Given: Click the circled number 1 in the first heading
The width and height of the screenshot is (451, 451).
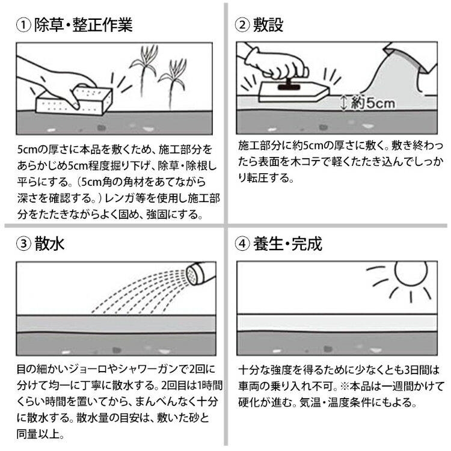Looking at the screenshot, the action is [23, 25].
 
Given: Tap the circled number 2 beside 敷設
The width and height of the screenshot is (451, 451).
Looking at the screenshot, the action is [242, 25].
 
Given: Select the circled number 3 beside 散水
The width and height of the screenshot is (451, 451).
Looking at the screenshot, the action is [23, 244].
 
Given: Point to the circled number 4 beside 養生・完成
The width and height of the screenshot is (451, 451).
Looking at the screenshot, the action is [242, 244].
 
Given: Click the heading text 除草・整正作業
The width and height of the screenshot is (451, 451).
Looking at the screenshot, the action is [84, 25].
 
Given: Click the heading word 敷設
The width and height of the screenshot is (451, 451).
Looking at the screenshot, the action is [268, 25].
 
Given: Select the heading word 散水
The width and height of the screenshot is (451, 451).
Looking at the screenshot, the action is [49, 244].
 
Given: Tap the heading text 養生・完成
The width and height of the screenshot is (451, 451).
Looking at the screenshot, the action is [287, 244].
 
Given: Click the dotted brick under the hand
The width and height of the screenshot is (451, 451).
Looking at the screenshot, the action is [74, 100].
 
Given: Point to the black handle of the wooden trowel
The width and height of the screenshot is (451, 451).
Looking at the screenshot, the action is [289, 85].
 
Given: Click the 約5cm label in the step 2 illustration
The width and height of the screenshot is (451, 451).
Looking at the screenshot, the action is [373, 102].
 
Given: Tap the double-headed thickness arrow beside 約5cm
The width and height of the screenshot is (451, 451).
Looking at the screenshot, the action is [343, 103].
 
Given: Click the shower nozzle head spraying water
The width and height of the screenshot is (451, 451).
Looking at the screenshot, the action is [192, 275].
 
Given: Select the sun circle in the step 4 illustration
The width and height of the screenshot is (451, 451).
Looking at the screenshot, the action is [411, 272].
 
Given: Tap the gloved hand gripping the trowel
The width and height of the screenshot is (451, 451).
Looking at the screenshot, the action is [283, 66].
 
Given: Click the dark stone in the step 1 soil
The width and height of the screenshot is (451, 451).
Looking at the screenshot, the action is [101, 127].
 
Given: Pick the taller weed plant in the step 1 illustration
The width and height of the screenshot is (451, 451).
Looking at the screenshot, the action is [144, 70].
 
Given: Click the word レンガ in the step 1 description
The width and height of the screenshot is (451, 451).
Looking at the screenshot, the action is [118, 198].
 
